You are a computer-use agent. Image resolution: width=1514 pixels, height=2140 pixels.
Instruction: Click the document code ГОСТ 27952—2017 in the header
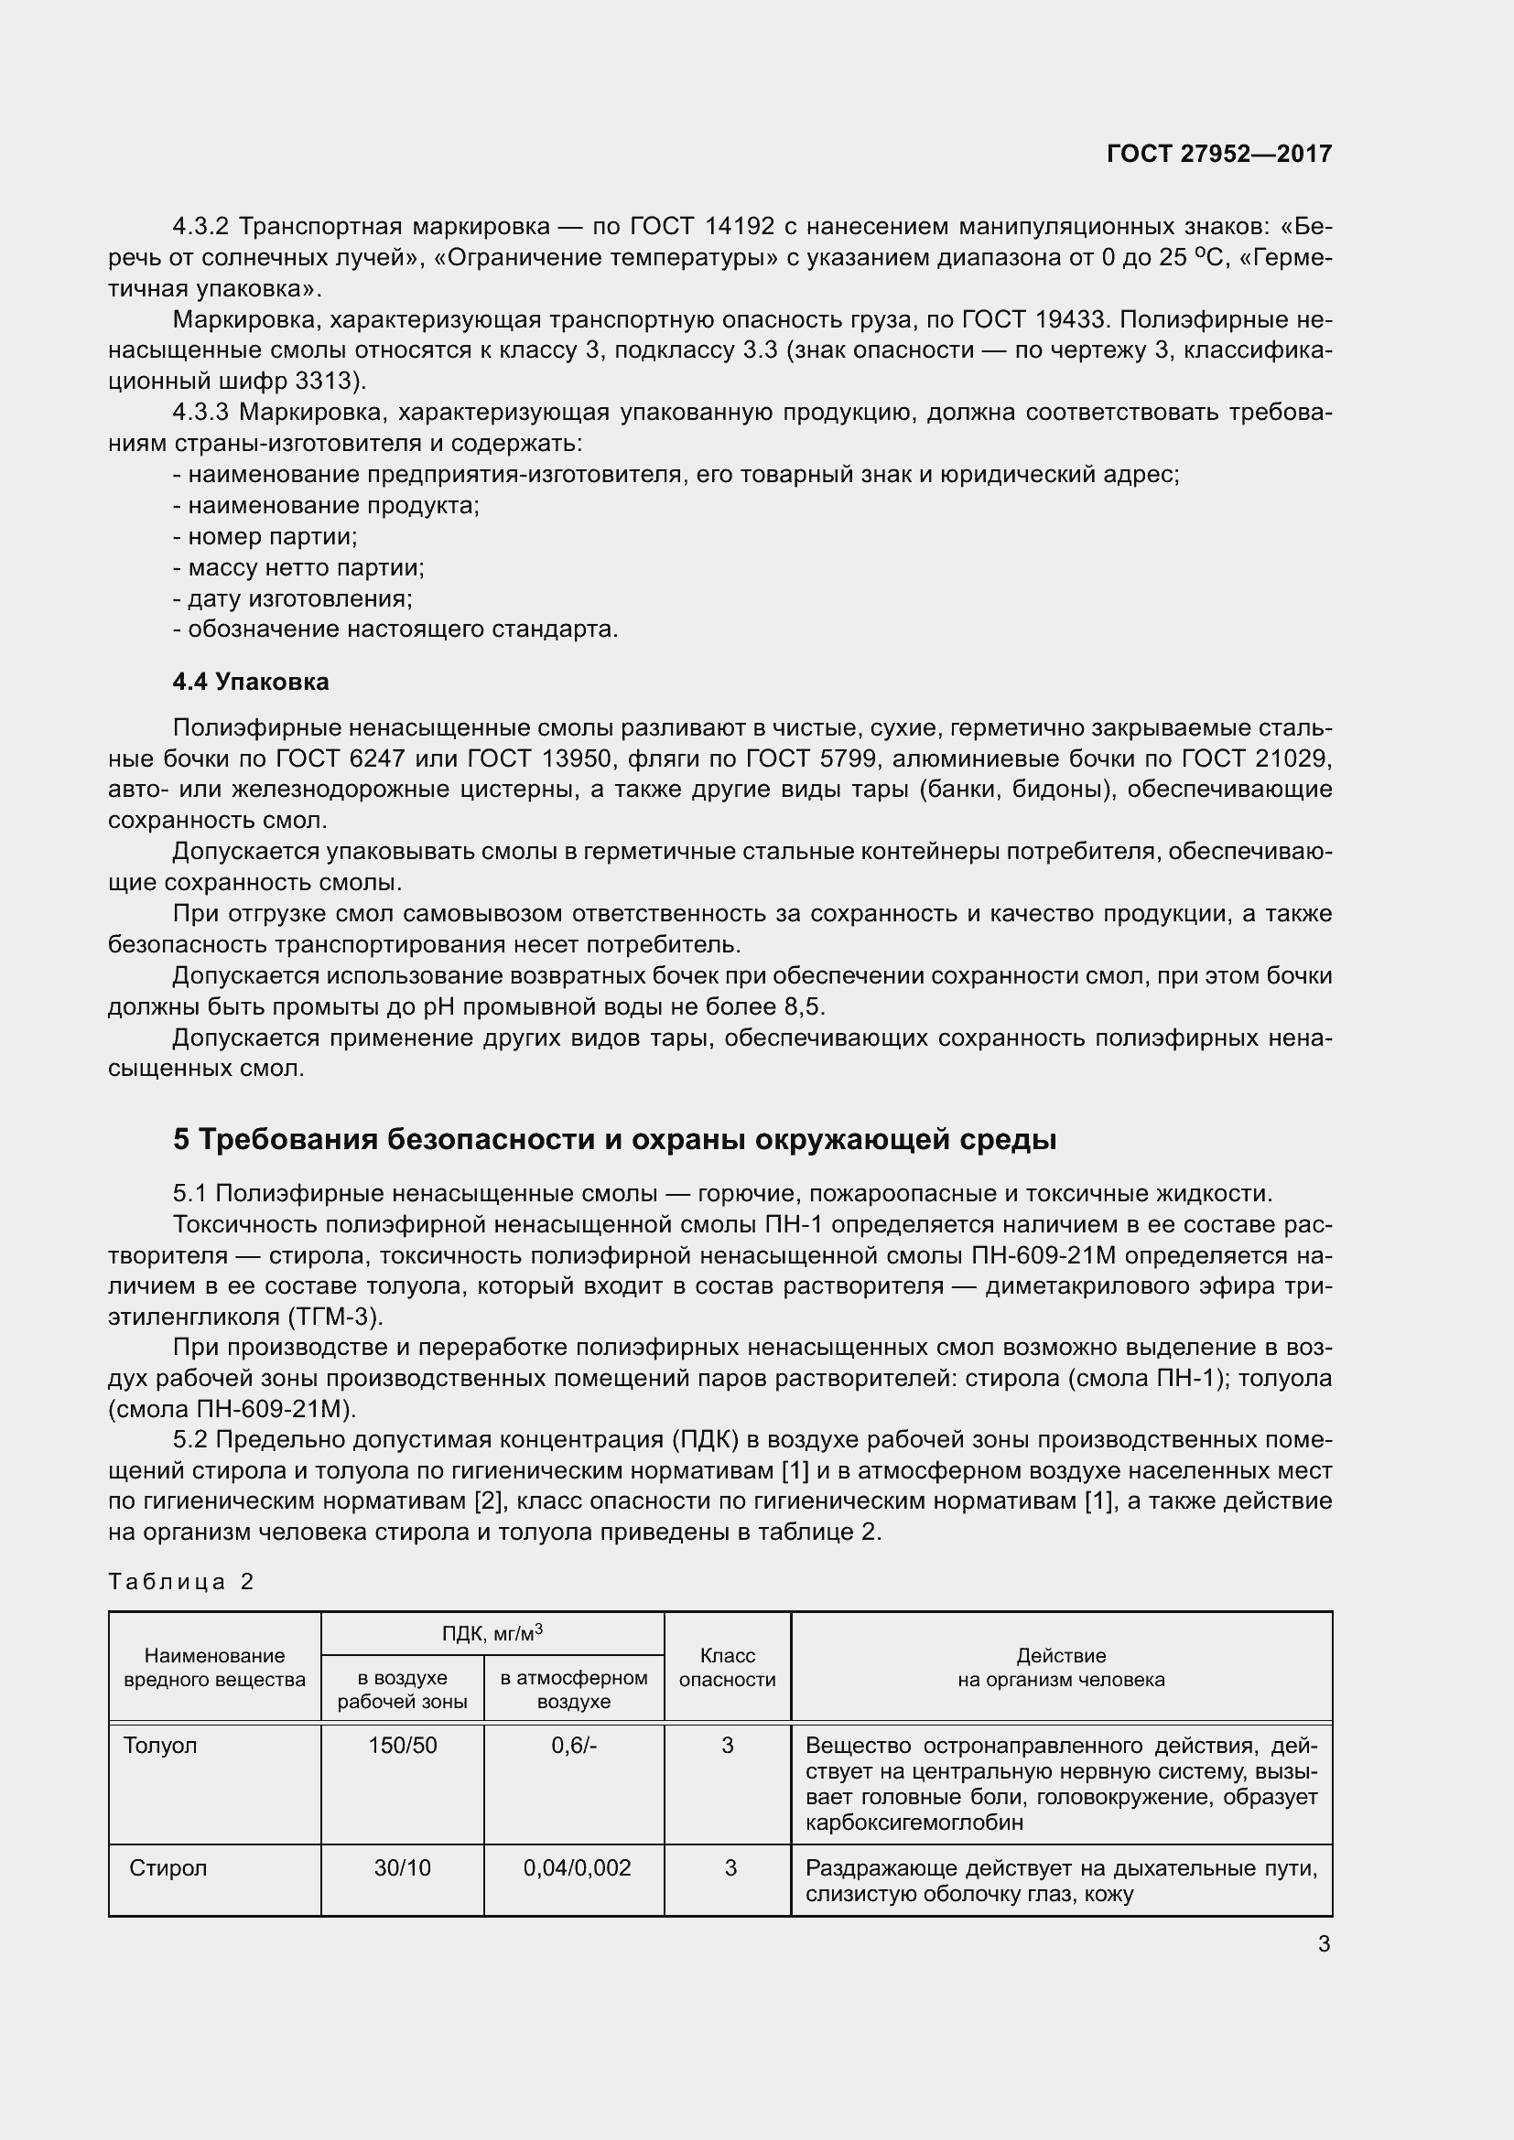point(1218,154)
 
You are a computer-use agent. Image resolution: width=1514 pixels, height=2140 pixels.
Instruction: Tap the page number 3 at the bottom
point(1324,1944)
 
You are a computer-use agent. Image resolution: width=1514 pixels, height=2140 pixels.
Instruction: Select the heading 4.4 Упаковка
point(250,682)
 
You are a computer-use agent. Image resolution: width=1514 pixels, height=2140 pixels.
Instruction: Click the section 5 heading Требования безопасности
point(614,1139)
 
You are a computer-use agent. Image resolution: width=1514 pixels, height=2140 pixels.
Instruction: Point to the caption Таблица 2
point(181,1581)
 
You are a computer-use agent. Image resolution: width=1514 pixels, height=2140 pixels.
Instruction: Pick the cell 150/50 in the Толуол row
point(402,1745)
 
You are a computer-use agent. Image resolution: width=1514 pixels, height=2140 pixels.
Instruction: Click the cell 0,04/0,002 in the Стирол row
point(577,1868)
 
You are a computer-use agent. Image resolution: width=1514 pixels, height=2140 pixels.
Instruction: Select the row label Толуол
point(160,1745)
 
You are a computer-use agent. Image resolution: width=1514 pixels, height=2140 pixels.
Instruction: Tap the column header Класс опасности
point(727,1668)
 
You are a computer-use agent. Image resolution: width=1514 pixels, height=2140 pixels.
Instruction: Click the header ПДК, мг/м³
point(492,1634)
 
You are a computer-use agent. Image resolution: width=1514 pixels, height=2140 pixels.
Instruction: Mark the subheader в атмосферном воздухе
point(573,1689)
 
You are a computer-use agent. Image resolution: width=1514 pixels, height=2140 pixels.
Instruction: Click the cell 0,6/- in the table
point(573,1745)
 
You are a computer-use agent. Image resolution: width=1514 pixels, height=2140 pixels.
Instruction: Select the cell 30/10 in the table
point(402,1868)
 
